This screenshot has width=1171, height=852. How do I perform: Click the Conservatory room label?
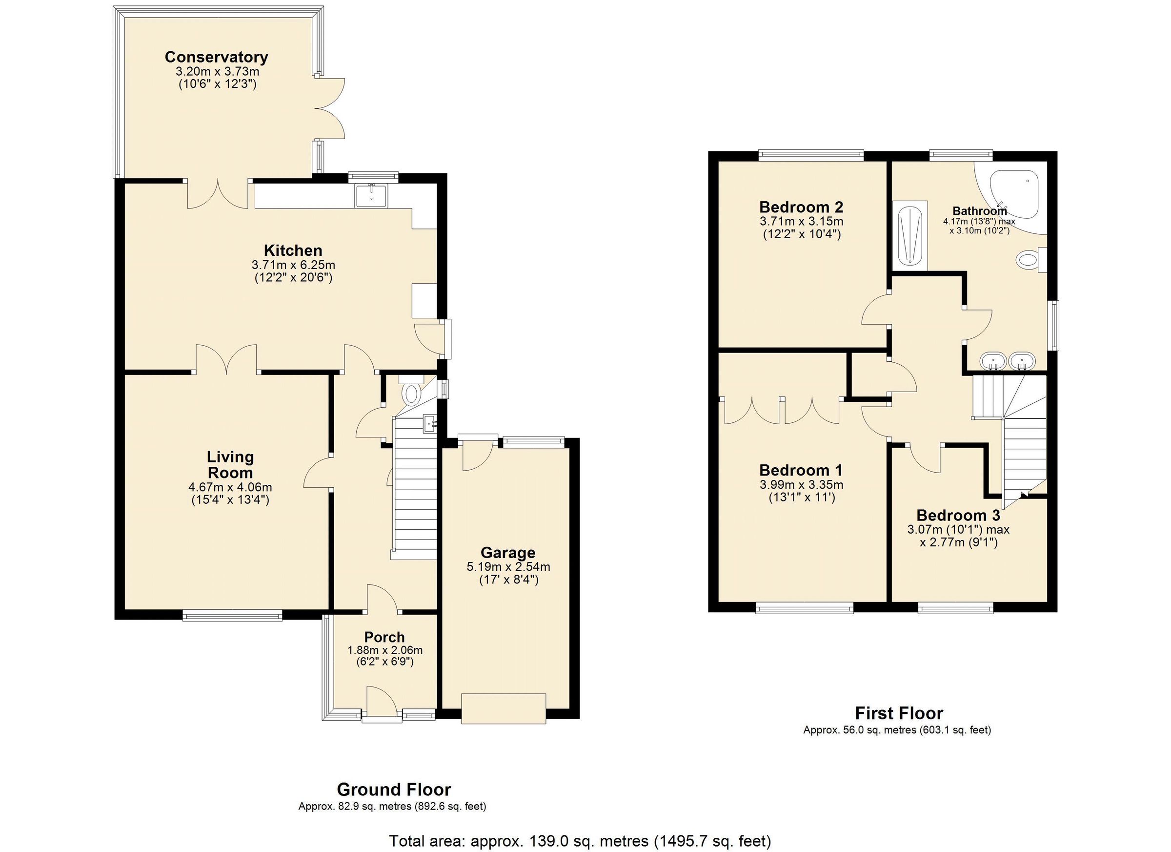click(216, 57)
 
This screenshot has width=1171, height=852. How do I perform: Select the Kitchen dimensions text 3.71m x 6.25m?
click(293, 265)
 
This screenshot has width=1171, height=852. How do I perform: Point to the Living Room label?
click(230, 464)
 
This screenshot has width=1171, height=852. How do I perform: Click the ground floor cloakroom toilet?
click(411, 394)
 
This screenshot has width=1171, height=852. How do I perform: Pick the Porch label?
click(384, 637)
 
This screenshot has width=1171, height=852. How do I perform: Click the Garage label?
click(508, 553)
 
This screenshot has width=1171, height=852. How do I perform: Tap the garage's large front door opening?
click(504, 709)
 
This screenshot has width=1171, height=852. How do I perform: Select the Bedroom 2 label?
click(801, 207)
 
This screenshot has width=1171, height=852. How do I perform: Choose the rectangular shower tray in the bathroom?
click(910, 236)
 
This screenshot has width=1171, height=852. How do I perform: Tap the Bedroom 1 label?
click(801, 470)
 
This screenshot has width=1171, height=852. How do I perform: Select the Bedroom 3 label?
click(958, 515)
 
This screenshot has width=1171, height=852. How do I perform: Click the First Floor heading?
click(899, 713)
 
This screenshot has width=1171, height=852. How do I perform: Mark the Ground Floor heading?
click(393, 790)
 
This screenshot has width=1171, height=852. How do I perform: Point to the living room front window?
click(232, 615)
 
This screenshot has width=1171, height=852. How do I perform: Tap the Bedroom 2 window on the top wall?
click(811, 153)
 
